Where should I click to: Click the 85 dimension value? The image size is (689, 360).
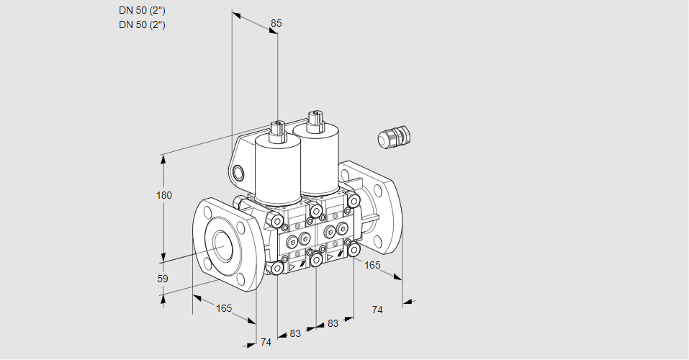(276, 23)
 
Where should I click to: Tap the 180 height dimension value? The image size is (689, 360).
(164, 195)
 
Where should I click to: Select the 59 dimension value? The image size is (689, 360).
(163, 279)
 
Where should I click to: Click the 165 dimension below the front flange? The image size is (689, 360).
(224, 309)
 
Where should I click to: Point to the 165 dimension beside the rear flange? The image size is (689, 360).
(372, 265)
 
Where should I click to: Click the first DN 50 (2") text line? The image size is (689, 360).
(142, 11)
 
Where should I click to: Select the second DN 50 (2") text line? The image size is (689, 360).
(142, 24)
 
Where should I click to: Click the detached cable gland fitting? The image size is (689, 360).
(394, 137)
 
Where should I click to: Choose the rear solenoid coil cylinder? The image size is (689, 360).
(316, 158)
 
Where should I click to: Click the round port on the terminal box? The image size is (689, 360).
(238, 173)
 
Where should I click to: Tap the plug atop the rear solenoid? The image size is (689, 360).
(315, 121)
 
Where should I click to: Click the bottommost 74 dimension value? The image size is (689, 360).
(266, 342)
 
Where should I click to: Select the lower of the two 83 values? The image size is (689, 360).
(295, 333)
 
